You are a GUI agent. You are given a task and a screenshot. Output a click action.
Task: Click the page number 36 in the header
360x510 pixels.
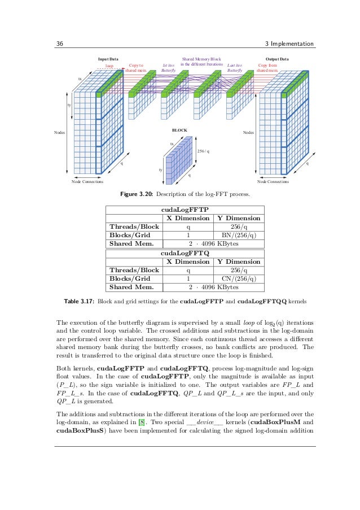(x=59, y=45)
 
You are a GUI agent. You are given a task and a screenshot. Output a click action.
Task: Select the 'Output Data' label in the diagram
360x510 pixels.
(x=276, y=59)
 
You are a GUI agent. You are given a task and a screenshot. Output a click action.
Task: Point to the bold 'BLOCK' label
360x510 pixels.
(x=179, y=130)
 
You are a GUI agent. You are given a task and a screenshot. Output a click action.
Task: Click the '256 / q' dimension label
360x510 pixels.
(x=203, y=151)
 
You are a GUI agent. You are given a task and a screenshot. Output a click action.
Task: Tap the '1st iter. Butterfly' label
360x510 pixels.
(x=168, y=68)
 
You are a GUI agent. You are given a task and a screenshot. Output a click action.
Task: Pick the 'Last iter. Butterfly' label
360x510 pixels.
(x=234, y=68)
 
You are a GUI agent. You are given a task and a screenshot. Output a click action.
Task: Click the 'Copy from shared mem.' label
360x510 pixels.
(x=267, y=68)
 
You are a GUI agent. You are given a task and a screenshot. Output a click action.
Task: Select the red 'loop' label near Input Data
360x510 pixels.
(x=109, y=66)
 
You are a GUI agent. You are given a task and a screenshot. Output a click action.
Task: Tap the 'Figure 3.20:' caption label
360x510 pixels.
(x=139, y=195)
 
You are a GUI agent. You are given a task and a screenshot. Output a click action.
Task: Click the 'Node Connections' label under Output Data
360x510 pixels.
(x=273, y=182)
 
